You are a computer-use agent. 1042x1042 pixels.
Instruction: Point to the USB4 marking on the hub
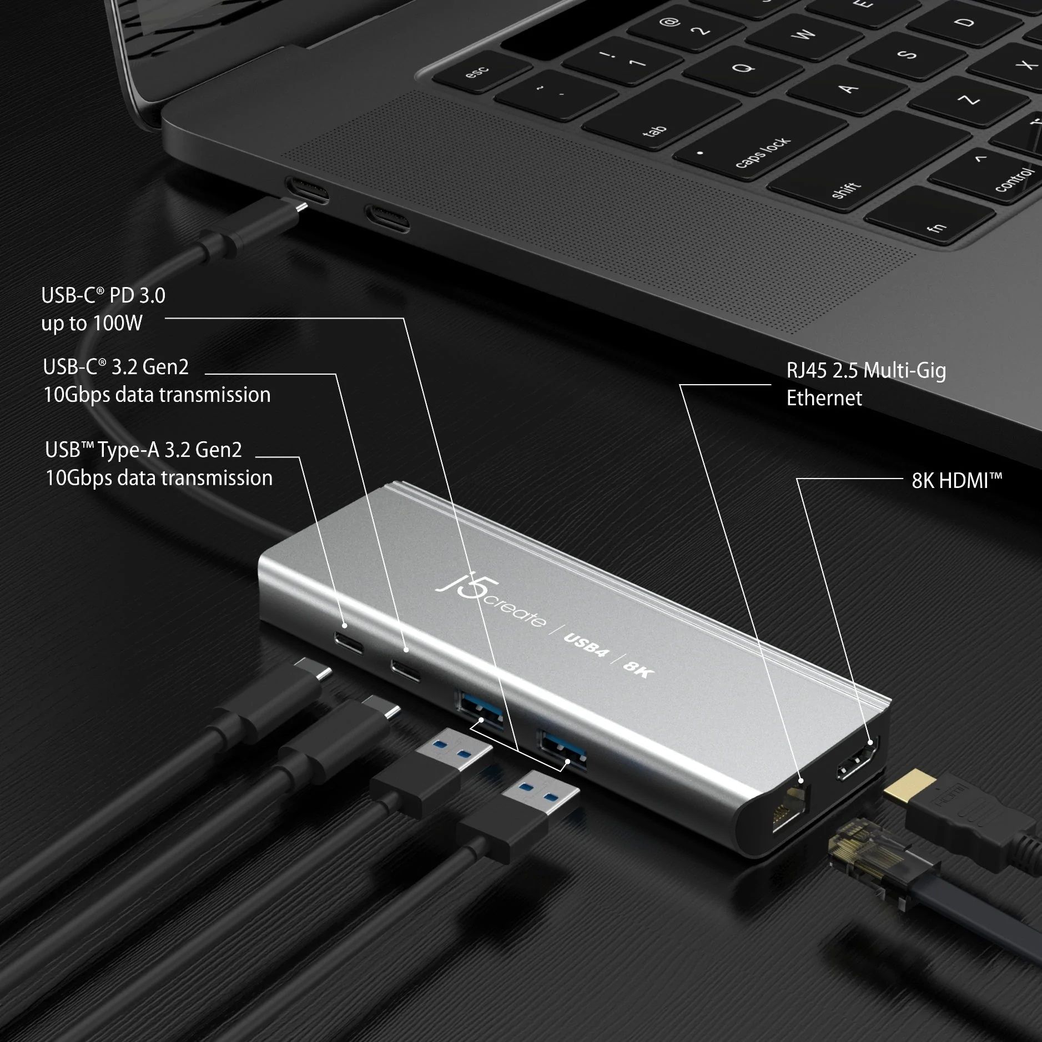click(586, 645)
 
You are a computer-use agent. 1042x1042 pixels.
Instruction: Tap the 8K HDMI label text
click(956, 481)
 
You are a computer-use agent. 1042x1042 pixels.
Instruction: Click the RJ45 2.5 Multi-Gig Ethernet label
click(865, 384)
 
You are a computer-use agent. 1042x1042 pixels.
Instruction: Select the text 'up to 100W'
click(92, 323)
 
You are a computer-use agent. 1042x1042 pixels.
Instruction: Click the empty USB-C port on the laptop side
click(386, 217)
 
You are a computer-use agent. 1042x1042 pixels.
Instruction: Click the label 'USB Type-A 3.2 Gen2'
click(143, 450)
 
